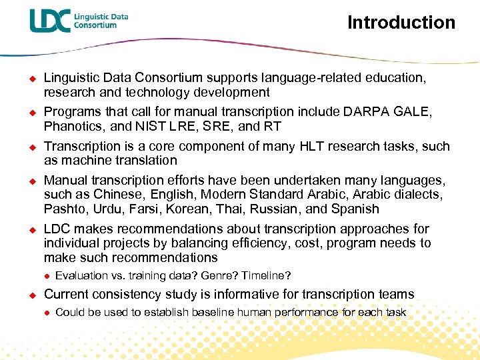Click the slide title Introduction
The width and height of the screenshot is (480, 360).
point(401,23)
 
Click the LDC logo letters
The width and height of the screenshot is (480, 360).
point(50,21)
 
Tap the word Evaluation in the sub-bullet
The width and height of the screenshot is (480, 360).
point(81,275)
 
